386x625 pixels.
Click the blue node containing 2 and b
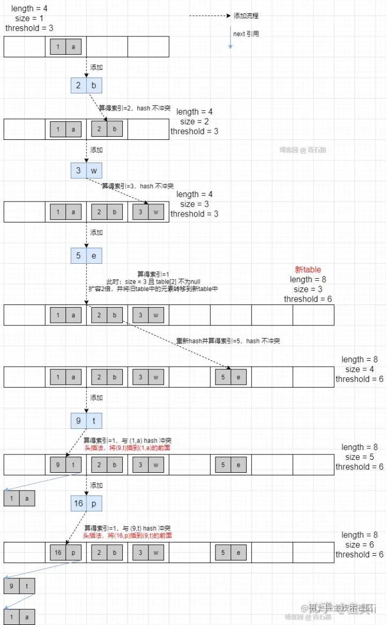86,86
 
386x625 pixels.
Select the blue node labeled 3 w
86,170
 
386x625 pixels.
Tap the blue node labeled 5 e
86,256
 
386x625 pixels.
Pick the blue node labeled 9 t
86,421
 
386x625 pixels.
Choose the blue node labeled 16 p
86,503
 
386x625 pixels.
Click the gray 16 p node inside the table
65,552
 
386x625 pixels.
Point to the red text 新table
308,270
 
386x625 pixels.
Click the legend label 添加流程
246,16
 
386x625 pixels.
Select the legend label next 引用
246,34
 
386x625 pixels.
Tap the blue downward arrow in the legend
230,38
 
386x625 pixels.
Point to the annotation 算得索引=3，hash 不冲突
138,186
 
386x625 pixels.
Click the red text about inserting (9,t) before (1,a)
127,448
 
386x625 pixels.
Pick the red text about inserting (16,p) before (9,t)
128,535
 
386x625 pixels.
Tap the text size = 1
29,18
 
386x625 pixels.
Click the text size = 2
195,122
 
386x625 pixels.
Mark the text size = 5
360,457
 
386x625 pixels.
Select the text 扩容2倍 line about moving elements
153,288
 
